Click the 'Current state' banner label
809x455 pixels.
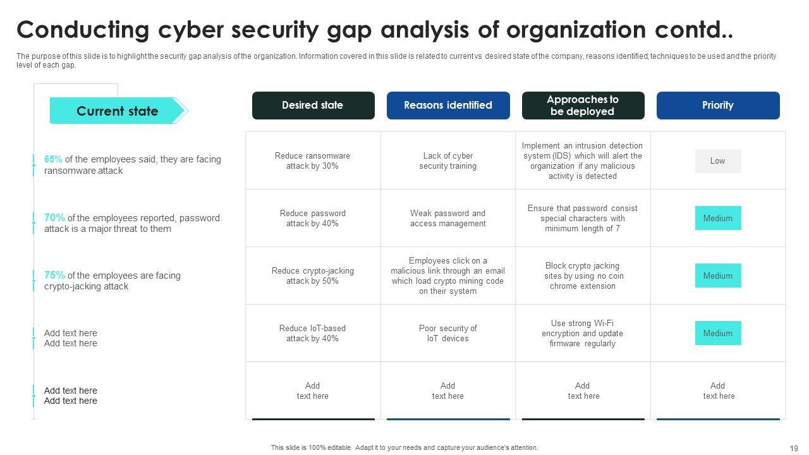117,111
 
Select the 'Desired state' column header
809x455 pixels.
313,106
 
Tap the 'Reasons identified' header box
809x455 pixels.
447,106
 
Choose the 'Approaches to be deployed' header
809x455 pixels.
583,106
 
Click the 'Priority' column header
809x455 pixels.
717,106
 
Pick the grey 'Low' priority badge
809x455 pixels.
717,161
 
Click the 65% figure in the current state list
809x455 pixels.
53,159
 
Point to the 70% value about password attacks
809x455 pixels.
54,217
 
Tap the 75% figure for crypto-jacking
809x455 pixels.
54,275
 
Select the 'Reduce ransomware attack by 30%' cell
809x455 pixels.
312,161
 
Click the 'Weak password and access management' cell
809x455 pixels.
447,219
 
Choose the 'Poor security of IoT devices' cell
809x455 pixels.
447,334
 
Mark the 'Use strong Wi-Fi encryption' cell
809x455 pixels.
582,334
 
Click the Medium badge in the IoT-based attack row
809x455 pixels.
717,333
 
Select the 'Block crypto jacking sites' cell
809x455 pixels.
582,276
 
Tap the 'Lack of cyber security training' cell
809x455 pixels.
447,161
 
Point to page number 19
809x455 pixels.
794,449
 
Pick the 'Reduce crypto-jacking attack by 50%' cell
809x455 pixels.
312,276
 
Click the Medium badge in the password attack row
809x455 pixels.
717,218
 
